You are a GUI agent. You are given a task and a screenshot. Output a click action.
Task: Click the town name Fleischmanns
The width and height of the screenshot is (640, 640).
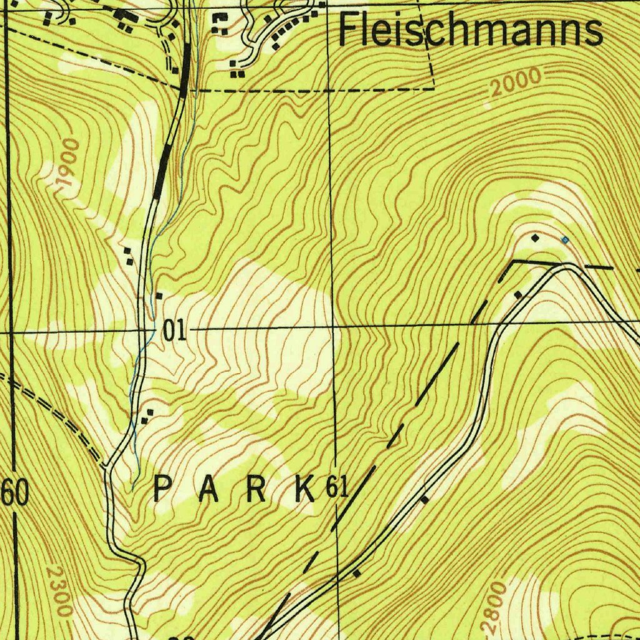[x=470, y=31]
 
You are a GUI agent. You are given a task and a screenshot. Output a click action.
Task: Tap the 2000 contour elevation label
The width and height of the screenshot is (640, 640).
[x=516, y=82]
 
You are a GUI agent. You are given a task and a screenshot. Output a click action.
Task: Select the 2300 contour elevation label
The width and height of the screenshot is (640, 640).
[x=60, y=591]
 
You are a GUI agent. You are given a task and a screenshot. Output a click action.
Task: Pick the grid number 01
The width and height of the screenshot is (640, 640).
[x=174, y=331]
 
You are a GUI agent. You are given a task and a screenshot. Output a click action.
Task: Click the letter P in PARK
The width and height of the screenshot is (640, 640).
[x=162, y=489]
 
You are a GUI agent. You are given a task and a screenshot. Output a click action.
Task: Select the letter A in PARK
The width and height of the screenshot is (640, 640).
[x=209, y=489]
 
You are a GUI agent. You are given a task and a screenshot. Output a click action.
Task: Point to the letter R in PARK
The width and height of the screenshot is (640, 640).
[x=256, y=489]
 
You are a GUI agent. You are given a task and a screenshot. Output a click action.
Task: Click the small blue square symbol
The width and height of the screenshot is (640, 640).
[x=565, y=239]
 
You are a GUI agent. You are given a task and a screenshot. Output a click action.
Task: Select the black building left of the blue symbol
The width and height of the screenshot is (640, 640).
[x=535, y=238]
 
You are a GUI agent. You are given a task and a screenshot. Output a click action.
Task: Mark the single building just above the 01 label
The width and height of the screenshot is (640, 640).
[x=160, y=295]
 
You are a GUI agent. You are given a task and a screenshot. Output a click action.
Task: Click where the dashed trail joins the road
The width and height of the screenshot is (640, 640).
[x=106, y=466]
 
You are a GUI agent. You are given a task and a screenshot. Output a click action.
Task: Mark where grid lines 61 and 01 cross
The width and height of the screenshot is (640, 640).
[x=333, y=326]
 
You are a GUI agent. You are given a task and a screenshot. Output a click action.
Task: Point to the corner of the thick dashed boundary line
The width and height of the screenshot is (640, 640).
[x=514, y=262]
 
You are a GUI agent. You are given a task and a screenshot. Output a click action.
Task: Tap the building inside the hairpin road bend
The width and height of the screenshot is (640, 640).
[x=518, y=294]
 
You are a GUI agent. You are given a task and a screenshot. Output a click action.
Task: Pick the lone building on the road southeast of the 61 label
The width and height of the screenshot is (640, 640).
[x=425, y=499]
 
